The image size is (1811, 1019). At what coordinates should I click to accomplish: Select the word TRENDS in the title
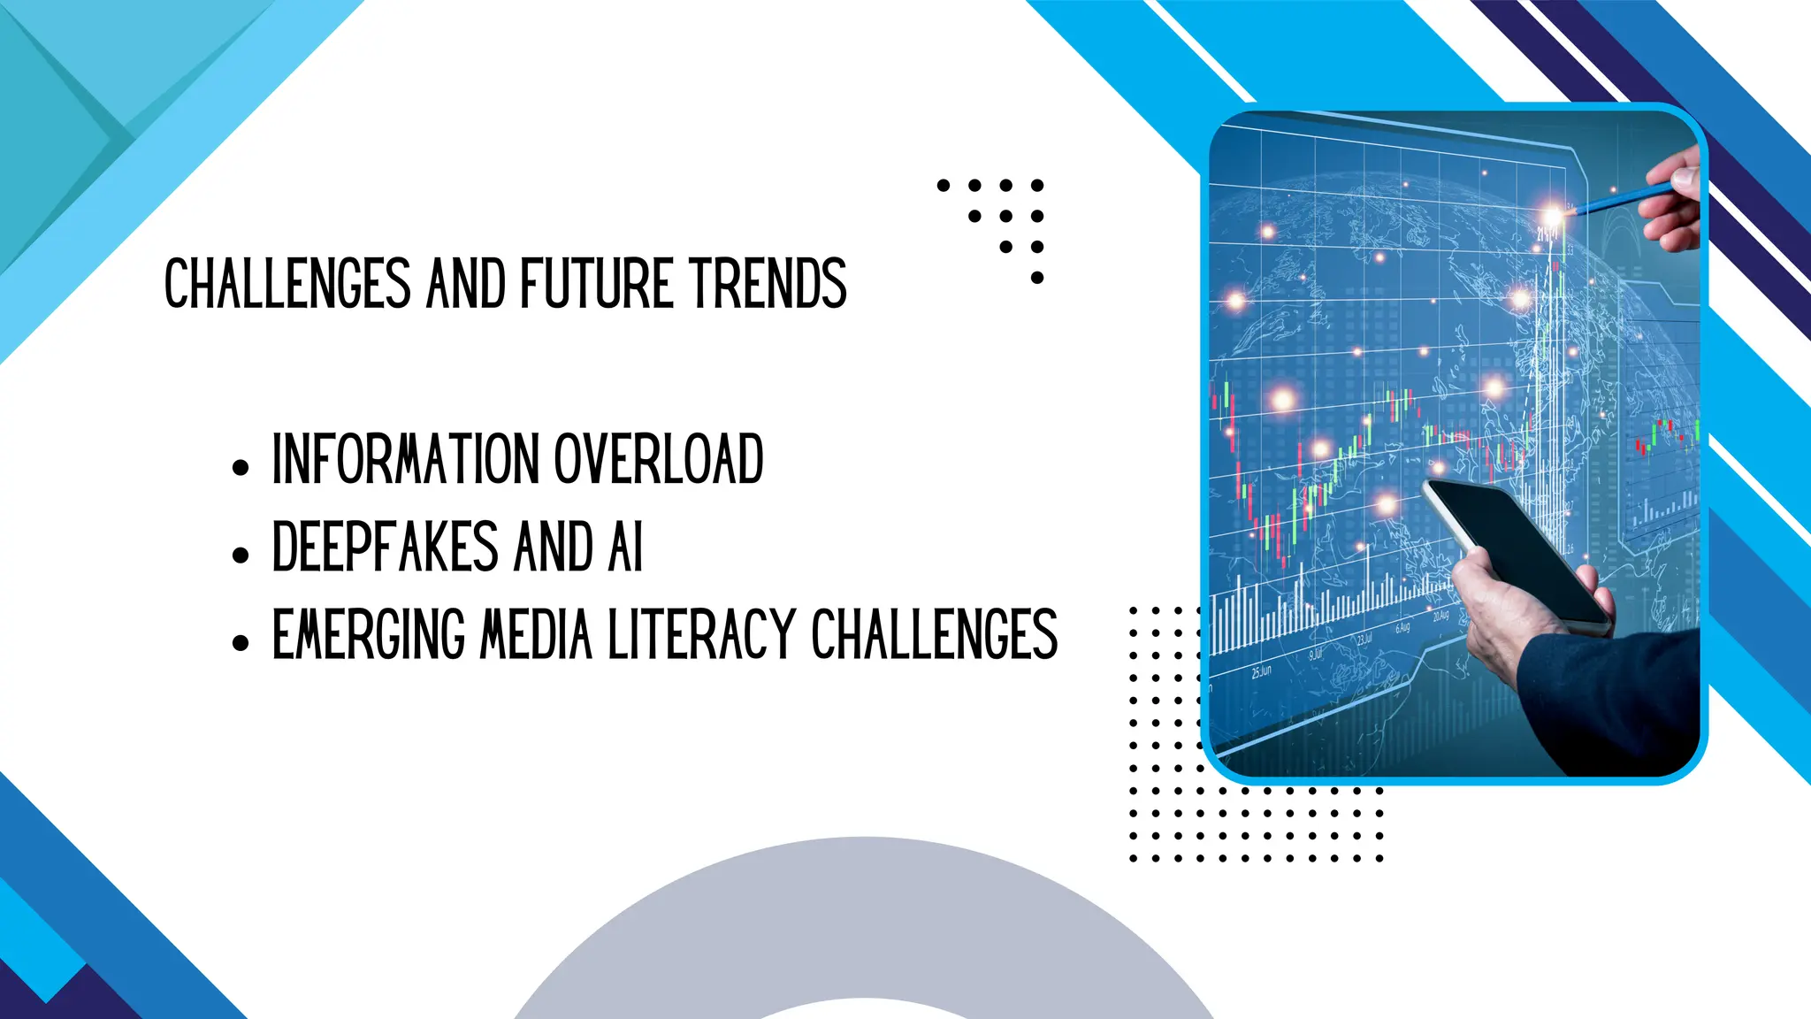(768, 284)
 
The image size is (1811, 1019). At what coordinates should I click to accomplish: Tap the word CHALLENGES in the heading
(287, 284)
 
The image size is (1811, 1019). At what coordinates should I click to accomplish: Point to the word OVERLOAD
(658, 459)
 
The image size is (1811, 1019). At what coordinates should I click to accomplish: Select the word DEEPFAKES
(386, 547)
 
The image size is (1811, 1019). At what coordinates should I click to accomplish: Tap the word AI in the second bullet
(625, 547)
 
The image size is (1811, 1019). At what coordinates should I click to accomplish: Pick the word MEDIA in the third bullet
(535, 634)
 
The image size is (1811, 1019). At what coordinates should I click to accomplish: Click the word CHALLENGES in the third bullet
(934, 634)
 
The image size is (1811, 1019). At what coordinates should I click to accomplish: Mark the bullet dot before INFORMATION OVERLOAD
(241, 468)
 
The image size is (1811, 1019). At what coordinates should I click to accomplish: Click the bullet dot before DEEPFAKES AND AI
(241, 555)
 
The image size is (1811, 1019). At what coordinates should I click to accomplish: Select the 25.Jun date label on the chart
(1261, 671)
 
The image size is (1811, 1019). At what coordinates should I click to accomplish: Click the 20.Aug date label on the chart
(1440, 616)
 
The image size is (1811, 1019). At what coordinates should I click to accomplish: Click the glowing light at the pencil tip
(1553, 216)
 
